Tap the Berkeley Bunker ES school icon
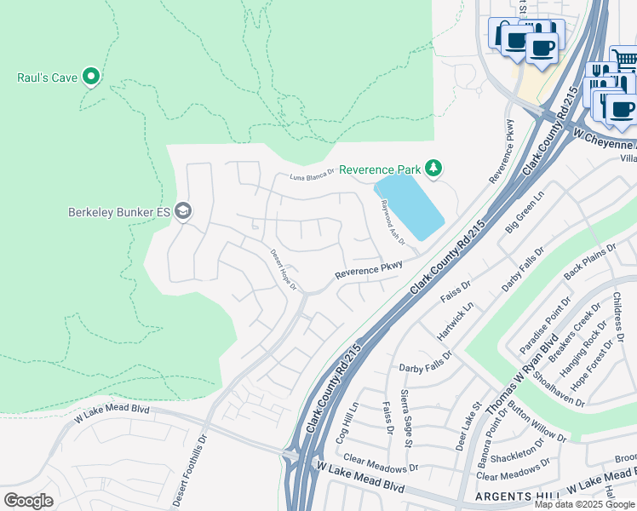(x=182, y=211)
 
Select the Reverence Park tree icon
(x=433, y=169)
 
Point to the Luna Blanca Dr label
(x=313, y=176)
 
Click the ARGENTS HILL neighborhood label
(x=507, y=496)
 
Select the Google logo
(x=28, y=500)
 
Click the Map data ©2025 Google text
(x=583, y=504)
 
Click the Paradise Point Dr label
(x=544, y=326)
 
